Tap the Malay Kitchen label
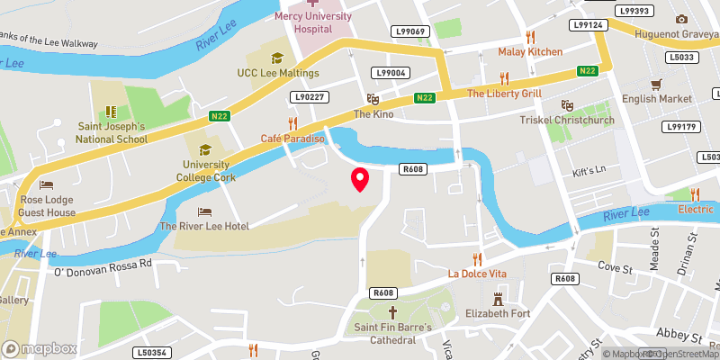[530, 52]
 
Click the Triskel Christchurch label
[567, 120]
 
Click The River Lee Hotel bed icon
[204, 211]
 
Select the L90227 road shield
[309, 96]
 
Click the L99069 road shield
[409, 32]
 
